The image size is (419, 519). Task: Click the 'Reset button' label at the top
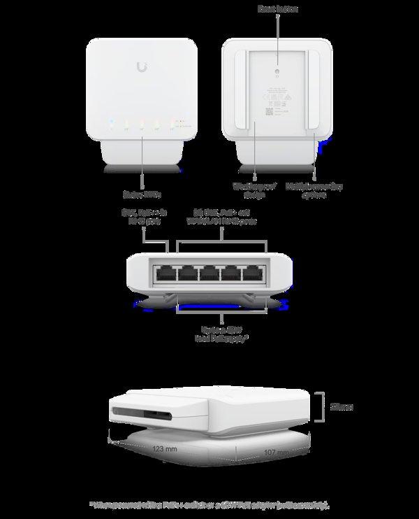tap(278, 9)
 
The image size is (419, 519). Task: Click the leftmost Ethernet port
tap(166, 273)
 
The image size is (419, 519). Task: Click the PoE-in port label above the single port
tap(142, 216)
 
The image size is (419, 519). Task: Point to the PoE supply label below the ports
tap(221, 334)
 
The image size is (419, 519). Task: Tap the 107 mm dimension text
tap(274, 452)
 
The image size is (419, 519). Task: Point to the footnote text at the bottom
tap(209, 504)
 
